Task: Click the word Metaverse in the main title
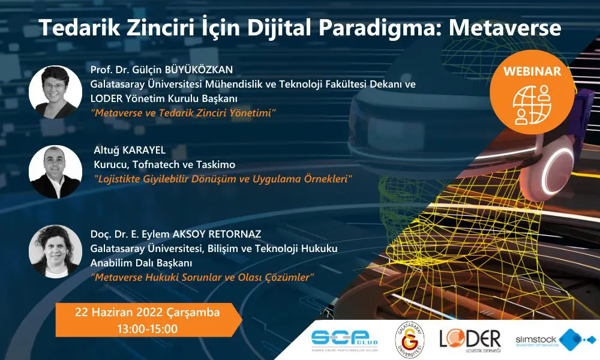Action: [505, 28]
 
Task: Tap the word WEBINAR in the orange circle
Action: [532, 71]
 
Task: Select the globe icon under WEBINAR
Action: [532, 105]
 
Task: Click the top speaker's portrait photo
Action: [55, 92]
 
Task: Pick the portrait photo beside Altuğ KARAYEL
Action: [55, 172]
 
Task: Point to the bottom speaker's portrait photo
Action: [55, 251]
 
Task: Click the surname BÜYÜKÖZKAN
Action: [199, 70]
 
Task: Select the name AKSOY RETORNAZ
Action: [217, 234]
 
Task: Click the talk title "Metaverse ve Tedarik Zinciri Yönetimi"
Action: [183, 113]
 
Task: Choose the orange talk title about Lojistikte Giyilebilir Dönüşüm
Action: [223, 179]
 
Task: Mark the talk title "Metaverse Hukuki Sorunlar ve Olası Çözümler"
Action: [202, 277]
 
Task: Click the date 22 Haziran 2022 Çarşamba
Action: [148, 312]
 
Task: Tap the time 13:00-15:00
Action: [148, 329]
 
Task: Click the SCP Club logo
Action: [344, 340]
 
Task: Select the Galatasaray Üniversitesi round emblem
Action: [409, 340]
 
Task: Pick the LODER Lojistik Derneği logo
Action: [470, 340]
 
